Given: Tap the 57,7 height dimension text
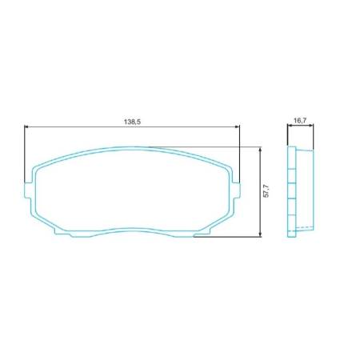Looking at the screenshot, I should (266, 192).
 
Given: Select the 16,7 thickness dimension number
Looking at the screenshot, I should (300, 120).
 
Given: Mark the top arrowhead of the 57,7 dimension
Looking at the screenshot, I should (262, 150).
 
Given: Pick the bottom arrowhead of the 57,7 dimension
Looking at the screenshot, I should (262, 234).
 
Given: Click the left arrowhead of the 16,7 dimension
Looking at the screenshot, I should (289, 126).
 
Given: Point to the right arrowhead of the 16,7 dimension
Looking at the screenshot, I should (312, 126).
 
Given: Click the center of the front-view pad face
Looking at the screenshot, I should (132, 190).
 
